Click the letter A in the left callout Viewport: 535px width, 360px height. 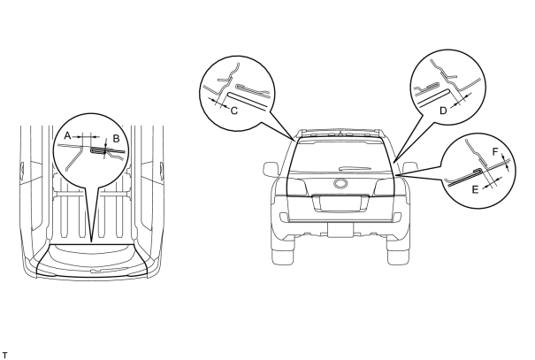pyautogui.click(x=67, y=136)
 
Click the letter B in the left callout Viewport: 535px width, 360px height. pyautogui.click(x=116, y=139)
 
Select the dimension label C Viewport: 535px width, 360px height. pyautogui.click(x=234, y=111)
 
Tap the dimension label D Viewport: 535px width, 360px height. pyautogui.click(x=443, y=111)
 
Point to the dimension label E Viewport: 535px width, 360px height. pyautogui.click(x=475, y=189)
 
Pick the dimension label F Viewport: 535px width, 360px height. pyautogui.click(x=496, y=152)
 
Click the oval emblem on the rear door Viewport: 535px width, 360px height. pyautogui.click(x=340, y=184)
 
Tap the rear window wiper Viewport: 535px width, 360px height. pyautogui.click(x=355, y=168)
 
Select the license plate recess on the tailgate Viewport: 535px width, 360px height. pyautogui.click(x=340, y=203)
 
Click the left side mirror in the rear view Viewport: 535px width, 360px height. pyautogui.click(x=271, y=169)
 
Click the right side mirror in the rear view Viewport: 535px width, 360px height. pyautogui.click(x=409, y=168)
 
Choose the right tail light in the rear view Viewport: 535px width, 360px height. pyautogui.click(x=384, y=187)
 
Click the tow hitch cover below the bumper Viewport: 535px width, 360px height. pyautogui.click(x=340, y=229)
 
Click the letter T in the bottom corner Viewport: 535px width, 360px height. pyautogui.click(x=4, y=355)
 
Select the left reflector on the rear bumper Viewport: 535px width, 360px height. pyautogui.click(x=284, y=217)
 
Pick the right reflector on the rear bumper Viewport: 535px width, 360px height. pyautogui.click(x=397, y=217)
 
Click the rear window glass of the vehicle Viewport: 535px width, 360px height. pyautogui.click(x=340, y=156)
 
